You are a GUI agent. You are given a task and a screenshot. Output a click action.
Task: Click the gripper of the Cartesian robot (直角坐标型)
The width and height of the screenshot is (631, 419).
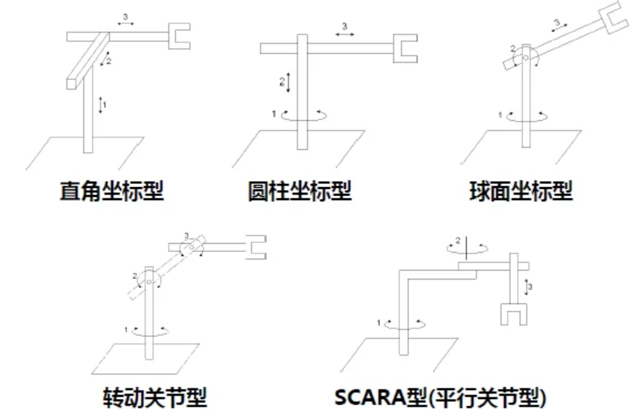pos(180,35)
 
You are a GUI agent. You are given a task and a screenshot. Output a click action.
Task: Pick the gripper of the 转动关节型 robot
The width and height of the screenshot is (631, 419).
pos(256,247)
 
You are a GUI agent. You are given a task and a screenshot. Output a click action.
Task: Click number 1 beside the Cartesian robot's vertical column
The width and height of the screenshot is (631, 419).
pos(105,105)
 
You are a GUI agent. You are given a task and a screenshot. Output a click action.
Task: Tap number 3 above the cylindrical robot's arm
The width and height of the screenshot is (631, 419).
pos(344,27)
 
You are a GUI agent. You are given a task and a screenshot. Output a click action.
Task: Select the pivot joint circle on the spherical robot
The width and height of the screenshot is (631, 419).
pos(527,56)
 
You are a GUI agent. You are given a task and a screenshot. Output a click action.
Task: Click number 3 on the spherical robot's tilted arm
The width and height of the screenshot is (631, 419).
pos(556,22)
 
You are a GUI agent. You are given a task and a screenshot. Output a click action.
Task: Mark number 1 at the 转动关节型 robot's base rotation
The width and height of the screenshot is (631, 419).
pos(128,329)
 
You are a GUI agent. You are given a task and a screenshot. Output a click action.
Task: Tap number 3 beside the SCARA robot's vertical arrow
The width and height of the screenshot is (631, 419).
pos(530,286)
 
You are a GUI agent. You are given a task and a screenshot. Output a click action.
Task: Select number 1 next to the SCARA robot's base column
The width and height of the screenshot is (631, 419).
pos(380,322)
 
